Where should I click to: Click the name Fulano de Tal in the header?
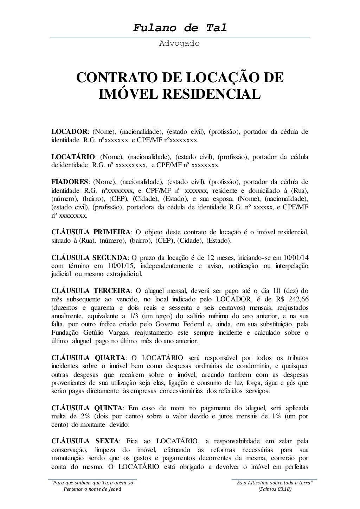pos(180,28)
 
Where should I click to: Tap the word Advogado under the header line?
pos(180,44)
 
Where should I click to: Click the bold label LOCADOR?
pos(69,132)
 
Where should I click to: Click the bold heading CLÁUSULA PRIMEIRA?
pos(91,232)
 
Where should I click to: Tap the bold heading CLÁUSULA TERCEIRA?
pos(91,291)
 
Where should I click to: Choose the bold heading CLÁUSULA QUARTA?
pos(88,358)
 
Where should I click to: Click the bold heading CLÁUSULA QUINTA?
pos(87,408)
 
